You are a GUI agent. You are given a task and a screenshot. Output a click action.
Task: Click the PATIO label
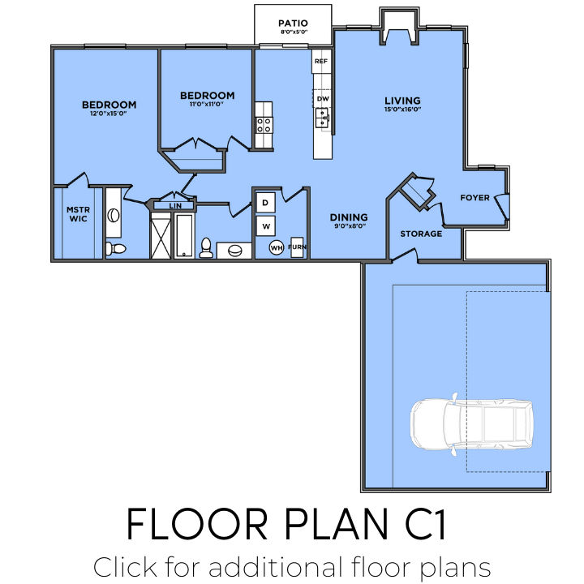click(x=293, y=23)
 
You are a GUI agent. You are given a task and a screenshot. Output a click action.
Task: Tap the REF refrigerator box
click(x=321, y=62)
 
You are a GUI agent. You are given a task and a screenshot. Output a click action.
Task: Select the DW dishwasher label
click(x=322, y=99)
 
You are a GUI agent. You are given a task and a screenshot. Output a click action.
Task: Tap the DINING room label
click(x=349, y=217)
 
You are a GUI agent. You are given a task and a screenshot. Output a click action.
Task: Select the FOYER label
click(x=474, y=198)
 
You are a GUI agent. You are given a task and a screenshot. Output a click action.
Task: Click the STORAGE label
click(x=421, y=234)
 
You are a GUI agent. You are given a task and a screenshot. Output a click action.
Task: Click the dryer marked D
click(x=265, y=201)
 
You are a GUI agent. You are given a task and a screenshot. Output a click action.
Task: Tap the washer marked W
click(x=265, y=225)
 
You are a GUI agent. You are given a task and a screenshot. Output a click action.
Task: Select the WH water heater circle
click(x=277, y=247)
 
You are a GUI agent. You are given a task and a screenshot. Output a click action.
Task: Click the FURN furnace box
click(x=297, y=247)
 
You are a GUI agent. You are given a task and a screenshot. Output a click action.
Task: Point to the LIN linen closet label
click(x=174, y=206)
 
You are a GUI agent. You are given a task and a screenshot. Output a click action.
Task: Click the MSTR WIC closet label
click(x=78, y=214)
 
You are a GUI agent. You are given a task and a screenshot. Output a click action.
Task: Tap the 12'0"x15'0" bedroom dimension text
click(x=109, y=114)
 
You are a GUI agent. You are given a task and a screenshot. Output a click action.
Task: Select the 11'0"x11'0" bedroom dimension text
click(x=207, y=104)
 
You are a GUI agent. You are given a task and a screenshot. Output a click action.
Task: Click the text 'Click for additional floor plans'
click(x=292, y=565)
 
